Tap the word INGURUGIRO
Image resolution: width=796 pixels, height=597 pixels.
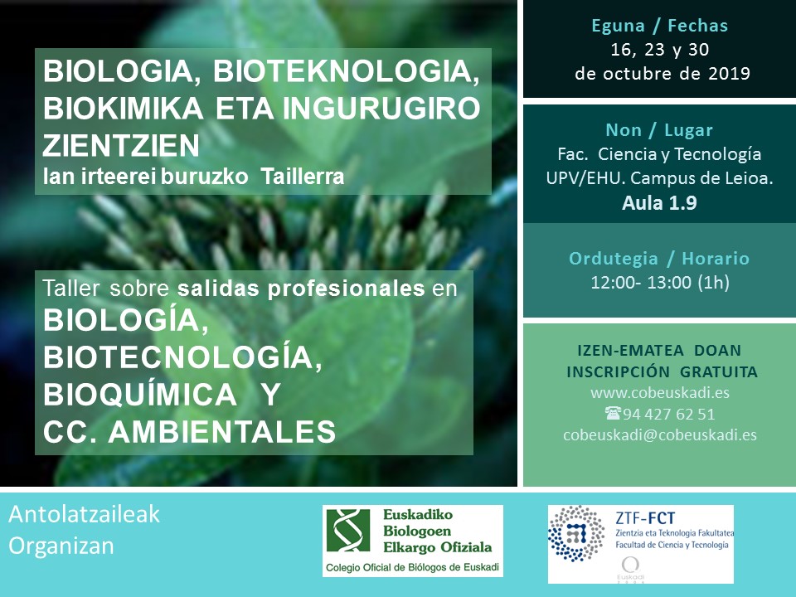coord(381,108)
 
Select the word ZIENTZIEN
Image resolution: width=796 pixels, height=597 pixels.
coord(121,146)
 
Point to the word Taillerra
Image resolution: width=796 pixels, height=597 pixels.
coord(303,177)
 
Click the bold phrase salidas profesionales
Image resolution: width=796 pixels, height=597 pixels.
coord(301,289)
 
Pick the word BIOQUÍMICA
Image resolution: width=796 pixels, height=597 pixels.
coord(140,395)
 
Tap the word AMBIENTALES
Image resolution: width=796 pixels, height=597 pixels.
coord(222,432)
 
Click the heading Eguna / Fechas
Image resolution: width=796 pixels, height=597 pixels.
coord(659,26)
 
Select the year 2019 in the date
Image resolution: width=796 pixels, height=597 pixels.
coord(729,74)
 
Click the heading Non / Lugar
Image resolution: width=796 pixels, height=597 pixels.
coord(659,130)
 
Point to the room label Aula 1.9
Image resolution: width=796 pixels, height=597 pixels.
coord(659,203)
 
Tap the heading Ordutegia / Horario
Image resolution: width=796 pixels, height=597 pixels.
coord(659,259)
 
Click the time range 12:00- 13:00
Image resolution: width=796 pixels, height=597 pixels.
coord(641,282)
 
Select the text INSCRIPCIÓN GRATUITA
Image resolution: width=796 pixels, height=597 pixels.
coord(662,372)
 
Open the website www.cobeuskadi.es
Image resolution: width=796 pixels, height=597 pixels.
coord(660,393)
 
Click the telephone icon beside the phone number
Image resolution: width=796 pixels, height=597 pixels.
coord(613,413)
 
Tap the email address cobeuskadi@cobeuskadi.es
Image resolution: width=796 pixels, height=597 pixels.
coord(660,435)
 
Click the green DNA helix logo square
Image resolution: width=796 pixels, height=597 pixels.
coord(348,531)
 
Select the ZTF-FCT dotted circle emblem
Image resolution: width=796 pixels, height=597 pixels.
coord(577,533)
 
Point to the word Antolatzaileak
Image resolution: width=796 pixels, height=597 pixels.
coord(85,514)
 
